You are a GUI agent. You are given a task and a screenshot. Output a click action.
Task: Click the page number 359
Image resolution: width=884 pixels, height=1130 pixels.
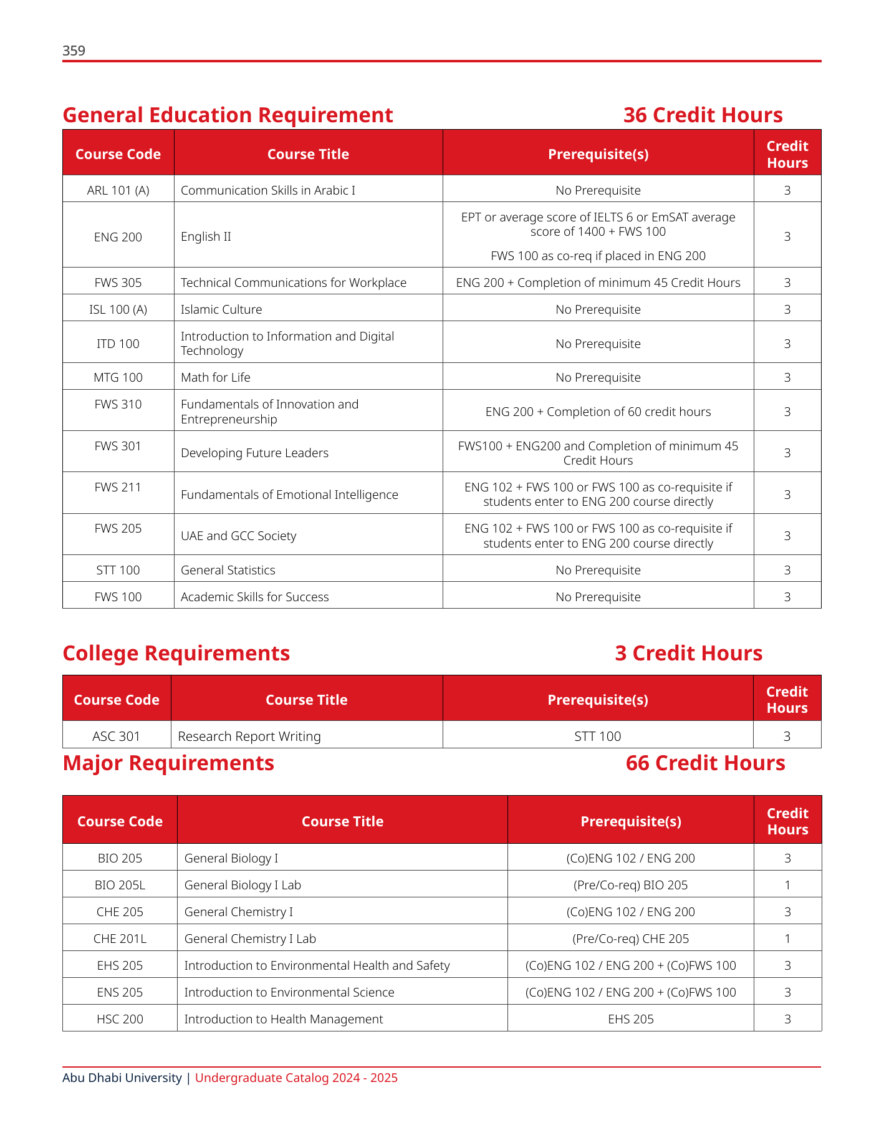pyautogui.click(x=74, y=51)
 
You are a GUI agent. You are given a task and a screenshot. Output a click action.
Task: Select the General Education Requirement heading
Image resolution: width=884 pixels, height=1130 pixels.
pyautogui.click(x=228, y=115)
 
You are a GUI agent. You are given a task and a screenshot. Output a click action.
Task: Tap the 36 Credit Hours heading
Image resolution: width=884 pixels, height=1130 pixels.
pyautogui.click(x=703, y=115)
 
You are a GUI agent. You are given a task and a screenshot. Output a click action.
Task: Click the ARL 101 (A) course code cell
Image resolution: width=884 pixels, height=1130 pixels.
pyautogui.click(x=118, y=190)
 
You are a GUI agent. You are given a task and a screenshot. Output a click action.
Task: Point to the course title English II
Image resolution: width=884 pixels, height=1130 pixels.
pyautogui.click(x=206, y=237)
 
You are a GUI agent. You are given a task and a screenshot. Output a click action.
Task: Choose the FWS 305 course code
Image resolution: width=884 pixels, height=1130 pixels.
pyautogui.click(x=118, y=282)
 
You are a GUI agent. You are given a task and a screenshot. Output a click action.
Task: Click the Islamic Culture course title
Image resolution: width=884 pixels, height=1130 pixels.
pyautogui.click(x=221, y=309)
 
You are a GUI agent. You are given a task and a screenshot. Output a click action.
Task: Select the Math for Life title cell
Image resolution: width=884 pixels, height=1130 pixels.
pyautogui.click(x=216, y=377)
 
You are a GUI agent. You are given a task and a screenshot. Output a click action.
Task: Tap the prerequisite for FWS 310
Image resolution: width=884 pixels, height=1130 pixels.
pyautogui.click(x=598, y=412)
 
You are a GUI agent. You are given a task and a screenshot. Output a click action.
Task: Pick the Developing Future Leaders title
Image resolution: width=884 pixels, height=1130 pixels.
pyautogui.click(x=254, y=453)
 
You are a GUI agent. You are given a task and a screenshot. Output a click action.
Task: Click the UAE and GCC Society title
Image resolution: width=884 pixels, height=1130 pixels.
pyautogui.click(x=238, y=536)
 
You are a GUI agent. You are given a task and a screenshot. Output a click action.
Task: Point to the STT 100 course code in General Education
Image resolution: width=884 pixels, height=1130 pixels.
pyautogui.click(x=118, y=570)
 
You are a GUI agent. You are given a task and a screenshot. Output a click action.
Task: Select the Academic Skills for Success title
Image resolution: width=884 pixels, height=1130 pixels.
pyautogui.click(x=254, y=597)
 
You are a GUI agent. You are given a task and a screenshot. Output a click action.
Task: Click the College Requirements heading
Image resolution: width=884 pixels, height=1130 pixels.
pyautogui.click(x=176, y=653)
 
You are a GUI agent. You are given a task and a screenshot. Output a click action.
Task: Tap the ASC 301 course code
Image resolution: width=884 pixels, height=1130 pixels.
pyautogui.click(x=117, y=736)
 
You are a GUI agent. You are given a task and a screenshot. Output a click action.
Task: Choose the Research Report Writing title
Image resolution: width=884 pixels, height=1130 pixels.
pyautogui.click(x=249, y=736)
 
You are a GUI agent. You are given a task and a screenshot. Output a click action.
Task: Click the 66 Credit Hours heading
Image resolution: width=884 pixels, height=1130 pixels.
pyautogui.click(x=705, y=763)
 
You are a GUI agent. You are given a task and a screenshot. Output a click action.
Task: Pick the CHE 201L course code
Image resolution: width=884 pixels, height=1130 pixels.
pyautogui.click(x=120, y=939)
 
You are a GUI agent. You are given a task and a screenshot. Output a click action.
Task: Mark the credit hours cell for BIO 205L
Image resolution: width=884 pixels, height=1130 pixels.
pyautogui.click(x=787, y=885)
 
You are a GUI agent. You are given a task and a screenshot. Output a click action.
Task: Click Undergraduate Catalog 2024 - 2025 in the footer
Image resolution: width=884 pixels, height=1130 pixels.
pyautogui.click(x=296, y=1078)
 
